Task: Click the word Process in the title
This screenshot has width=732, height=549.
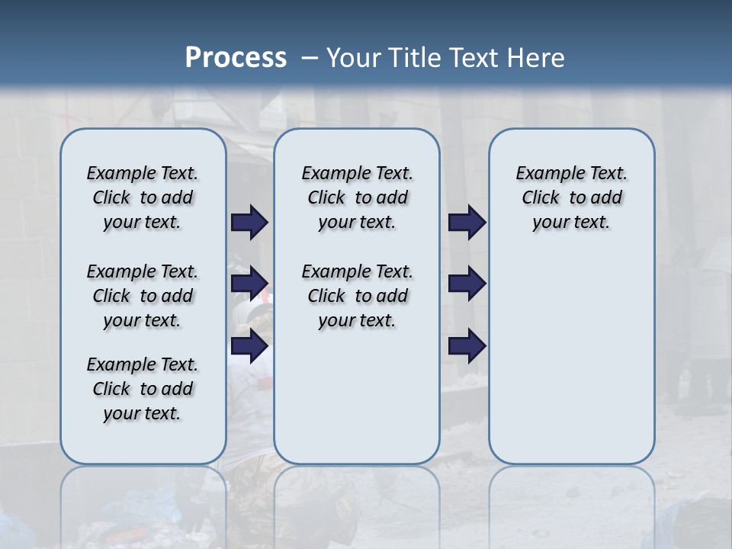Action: pos(236,57)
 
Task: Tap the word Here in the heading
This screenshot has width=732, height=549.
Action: pos(535,57)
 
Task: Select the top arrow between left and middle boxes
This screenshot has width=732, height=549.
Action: pos(249,222)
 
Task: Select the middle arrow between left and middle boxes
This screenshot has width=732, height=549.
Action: pos(249,283)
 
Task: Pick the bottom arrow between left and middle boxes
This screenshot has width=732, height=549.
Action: pos(249,346)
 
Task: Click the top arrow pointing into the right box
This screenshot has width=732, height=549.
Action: pos(467,222)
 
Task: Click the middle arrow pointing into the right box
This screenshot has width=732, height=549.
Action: pos(467,283)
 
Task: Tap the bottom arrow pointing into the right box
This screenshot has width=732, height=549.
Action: pos(467,346)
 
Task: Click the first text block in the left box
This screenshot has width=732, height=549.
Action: pos(143,197)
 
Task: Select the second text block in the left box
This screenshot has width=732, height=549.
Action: pos(143,296)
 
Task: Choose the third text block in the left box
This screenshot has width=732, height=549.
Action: pos(143,389)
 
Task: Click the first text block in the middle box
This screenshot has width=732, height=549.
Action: pos(357,197)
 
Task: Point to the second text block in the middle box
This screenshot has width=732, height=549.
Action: pos(357,296)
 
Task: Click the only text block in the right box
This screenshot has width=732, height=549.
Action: pos(572,197)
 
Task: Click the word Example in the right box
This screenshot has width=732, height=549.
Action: pos(544,174)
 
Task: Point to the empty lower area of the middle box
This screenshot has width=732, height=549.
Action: pos(357,396)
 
